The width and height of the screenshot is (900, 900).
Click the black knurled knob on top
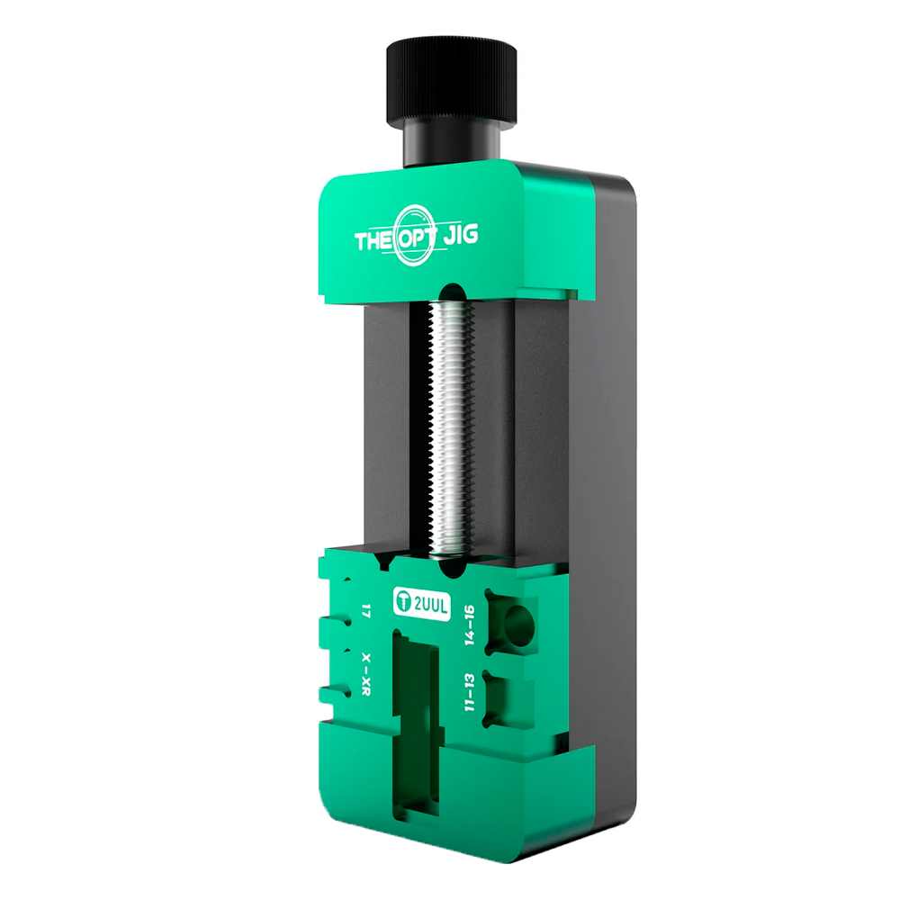(451, 83)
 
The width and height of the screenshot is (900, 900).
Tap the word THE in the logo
(374, 240)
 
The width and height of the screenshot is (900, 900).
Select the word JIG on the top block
(460, 234)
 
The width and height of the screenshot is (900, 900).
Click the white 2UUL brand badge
(422, 604)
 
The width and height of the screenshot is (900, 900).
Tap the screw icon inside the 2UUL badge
(404, 602)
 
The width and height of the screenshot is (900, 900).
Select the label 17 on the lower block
(365, 610)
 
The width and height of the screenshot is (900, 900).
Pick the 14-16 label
(470, 624)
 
